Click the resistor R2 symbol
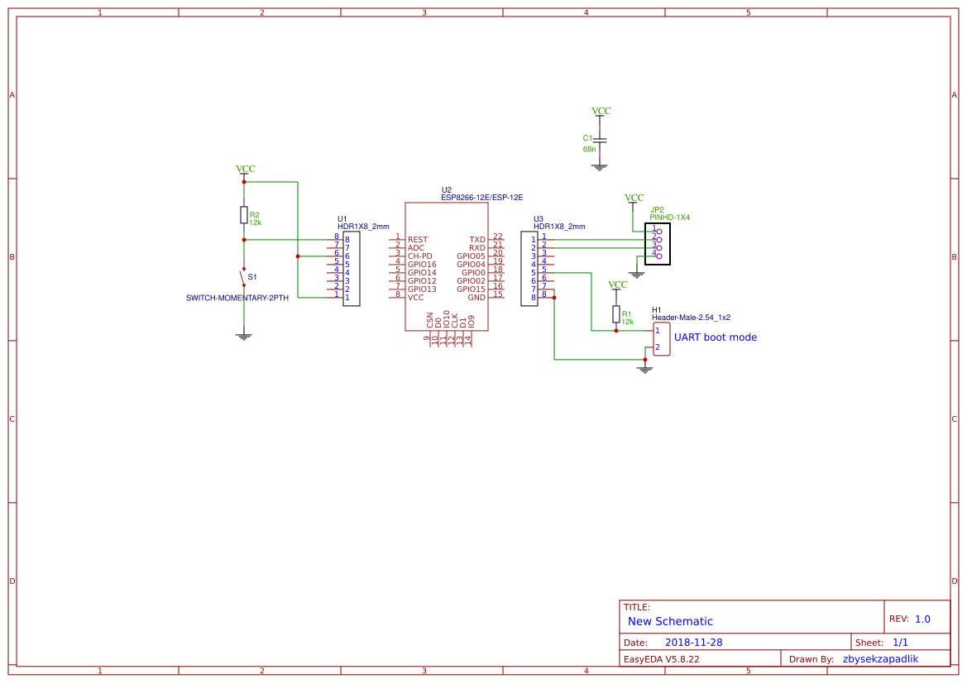pos(243,215)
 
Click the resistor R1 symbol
pos(616,314)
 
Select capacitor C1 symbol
pos(600,141)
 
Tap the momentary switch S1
pos(243,277)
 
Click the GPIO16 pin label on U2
pos(422,264)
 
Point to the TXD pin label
pos(477,239)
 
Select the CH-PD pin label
pos(420,256)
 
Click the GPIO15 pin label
pos(471,289)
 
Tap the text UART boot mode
pos(715,337)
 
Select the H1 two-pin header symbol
pos(662,339)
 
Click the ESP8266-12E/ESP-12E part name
pos(481,198)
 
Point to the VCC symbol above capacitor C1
pos(601,112)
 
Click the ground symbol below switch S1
pos(243,336)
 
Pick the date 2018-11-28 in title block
pos(693,643)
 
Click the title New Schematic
pos(670,621)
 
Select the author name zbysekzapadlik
pos(880,659)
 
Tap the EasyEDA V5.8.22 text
pos(661,659)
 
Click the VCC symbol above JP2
pos(634,199)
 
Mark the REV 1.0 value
pos(922,619)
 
